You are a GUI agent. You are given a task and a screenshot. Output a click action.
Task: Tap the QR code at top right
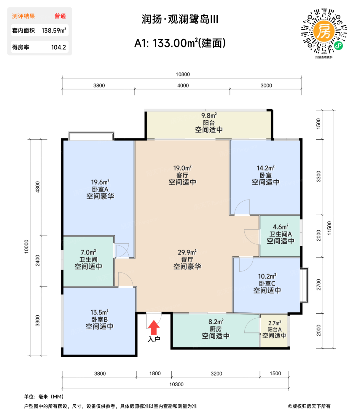[324, 31]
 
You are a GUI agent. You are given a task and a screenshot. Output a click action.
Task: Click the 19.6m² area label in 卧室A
[100, 182]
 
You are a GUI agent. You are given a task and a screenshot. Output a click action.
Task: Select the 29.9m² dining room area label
[187, 252]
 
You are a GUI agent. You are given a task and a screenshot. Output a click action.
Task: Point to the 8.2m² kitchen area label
[216, 322]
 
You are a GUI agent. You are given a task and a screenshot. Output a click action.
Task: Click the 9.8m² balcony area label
[209, 116]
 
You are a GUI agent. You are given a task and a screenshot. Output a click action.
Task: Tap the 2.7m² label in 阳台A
[274, 323]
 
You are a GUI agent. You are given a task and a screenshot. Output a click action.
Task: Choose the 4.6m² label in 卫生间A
[281, 227]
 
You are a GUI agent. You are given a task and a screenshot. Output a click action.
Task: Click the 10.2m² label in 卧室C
[267, 276]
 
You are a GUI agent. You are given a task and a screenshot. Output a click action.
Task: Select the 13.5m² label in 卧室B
[99, 312]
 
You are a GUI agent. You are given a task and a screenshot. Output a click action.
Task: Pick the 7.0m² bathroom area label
[88, 253]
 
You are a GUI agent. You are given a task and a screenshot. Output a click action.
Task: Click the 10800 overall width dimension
[183, 74]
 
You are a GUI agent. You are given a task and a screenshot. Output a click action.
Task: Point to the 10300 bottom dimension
[176, 384]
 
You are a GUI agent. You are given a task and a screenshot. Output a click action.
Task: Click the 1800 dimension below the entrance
[155, 373]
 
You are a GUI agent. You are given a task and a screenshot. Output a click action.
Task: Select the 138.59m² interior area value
[54, 31]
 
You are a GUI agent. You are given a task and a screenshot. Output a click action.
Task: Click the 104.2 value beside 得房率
[58, 47]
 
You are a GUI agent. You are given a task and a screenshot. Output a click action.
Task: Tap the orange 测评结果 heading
[23, 16]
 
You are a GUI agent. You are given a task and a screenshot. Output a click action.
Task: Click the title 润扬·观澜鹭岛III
[180, 19]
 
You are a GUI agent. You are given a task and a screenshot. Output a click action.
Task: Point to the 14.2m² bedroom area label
[265, 168]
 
